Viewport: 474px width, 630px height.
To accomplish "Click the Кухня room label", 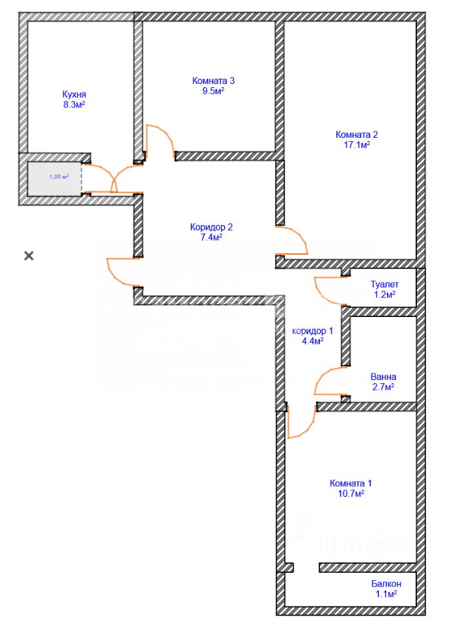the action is pyautogui.click(x=73, y=94).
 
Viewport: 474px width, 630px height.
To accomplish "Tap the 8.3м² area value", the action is pyautogui.click(x=73, y=104).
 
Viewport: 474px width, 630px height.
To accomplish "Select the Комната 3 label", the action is pyautogui.click(x=213, y=81).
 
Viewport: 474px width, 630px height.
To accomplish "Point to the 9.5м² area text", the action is pyautogui.click(x=213, y=91).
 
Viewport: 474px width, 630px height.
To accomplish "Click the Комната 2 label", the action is pyautogui.click(x=357, y=135).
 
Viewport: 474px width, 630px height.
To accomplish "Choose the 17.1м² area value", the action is pyautogui.click(x=357, y=145).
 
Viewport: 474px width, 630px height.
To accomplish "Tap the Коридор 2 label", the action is pyautogui.click(x=211, y=227).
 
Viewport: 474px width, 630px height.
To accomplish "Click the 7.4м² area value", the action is pyautogui.click(x=211, y=238).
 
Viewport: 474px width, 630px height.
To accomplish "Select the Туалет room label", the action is pyautogui.click(x=384, y=285).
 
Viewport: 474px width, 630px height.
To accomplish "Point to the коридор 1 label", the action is pyautogui.click(x=312, y=331).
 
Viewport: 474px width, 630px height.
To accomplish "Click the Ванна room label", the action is pyautogui.click(x=383, y=377).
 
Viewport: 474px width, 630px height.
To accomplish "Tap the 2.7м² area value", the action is pyautogui.click(x=383, y=388).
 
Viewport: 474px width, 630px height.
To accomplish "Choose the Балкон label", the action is pyautogui.click(x=385, y=583).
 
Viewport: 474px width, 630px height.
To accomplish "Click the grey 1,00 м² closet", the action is pyautogui.click(x=55, y=177).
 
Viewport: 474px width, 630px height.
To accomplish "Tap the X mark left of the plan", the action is pyautogui.click(x=29, y=255).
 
